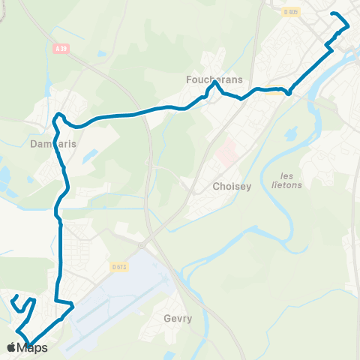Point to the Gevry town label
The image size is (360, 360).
click(178, 318)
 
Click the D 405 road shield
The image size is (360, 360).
click(292, 11)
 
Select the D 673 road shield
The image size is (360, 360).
click(119, 265)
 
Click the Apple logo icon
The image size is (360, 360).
click(10, 348)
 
